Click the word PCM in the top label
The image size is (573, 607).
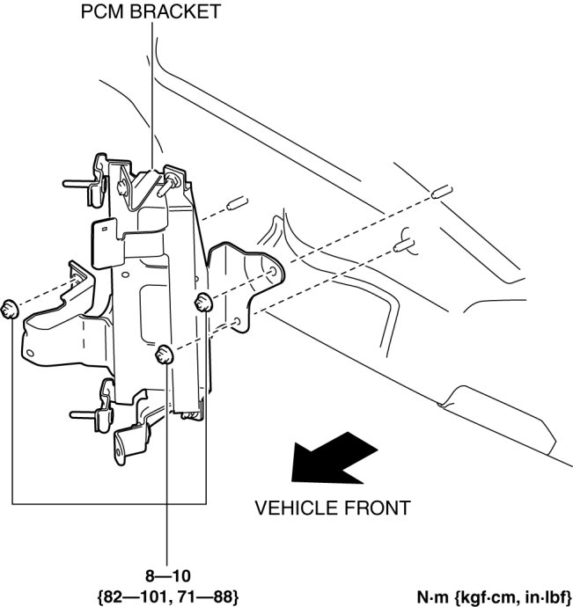pyautogui.click(x=103, y=11)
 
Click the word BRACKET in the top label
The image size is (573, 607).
pyautogui.click(x=175, y=11)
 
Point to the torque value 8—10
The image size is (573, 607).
pyautogui.click(x=168, y=576)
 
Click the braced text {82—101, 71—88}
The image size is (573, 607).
pyautogui.click(x=168, y=596)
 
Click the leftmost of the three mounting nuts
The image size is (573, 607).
pyautogui.click(x=10, y=309)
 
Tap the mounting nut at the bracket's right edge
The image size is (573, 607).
pyautogui.click(x=203, y=303)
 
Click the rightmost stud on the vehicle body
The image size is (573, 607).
pyautogui.click(x=442, y=191)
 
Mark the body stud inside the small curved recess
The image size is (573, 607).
pyautogui.click(x=404, y=245)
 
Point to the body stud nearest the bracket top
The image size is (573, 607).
pyautogui.click(x=238, y=203)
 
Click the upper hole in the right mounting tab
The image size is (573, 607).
pyautogui.click(x=273, y=271)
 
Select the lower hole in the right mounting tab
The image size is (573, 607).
pyautogui.click(x=238, y=321)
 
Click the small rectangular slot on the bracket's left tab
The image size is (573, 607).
pyautogui.click(x=104, y=229)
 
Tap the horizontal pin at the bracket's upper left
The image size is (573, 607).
pyautogui.click(x=77, y=184)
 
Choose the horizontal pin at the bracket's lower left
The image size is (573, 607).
pyautogui.click(x=84, y=414)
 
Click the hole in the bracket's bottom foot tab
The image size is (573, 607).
pyautogui.click(x=118, y=451)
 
